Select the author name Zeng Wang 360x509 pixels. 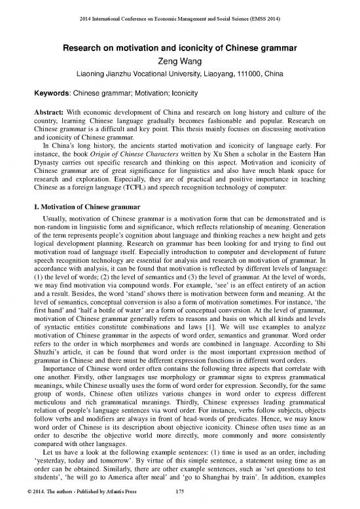tap(179, 60)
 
